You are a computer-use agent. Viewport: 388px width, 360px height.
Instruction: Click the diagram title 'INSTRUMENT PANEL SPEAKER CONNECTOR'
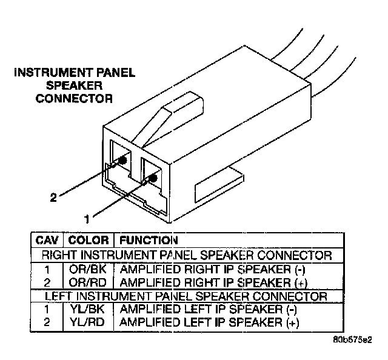(75, 85)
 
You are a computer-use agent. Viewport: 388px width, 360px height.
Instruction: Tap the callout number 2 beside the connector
(53, 198)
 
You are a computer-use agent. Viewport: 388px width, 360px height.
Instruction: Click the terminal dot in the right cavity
(152, 178)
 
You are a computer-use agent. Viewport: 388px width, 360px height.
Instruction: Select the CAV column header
(48, 240)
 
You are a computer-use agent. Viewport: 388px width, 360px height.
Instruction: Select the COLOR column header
(89, 240)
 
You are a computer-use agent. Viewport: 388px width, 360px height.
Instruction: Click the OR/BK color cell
(89, 268)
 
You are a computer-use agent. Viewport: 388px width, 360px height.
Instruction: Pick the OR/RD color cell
(89, 282)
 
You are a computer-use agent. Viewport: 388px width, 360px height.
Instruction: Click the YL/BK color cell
(89, 308)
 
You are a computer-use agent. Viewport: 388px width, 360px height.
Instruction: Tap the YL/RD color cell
(89, 322)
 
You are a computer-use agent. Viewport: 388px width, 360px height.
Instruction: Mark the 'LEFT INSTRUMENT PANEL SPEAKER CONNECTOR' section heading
(186, 296)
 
